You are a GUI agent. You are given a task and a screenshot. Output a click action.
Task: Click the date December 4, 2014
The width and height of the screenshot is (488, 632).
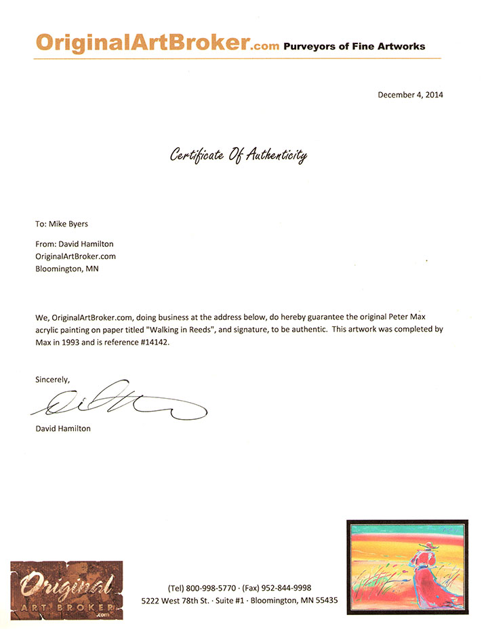[x=410, y=95]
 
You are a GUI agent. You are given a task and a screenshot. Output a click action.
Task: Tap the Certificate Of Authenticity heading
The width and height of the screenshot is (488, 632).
[x=238, y=156]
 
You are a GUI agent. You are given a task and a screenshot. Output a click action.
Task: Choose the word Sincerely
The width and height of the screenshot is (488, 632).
[x=52, y=380]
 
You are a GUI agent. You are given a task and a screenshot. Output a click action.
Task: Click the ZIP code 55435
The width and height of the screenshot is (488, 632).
[x=324, y=601]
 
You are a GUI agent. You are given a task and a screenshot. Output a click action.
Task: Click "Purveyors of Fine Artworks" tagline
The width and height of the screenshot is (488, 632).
[x=354, y=46]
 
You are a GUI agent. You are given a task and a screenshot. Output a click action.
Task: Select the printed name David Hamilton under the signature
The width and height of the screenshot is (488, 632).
[x=62, y=428]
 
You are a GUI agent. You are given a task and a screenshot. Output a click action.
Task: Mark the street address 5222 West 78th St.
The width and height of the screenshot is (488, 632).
[x=178, y=601]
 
